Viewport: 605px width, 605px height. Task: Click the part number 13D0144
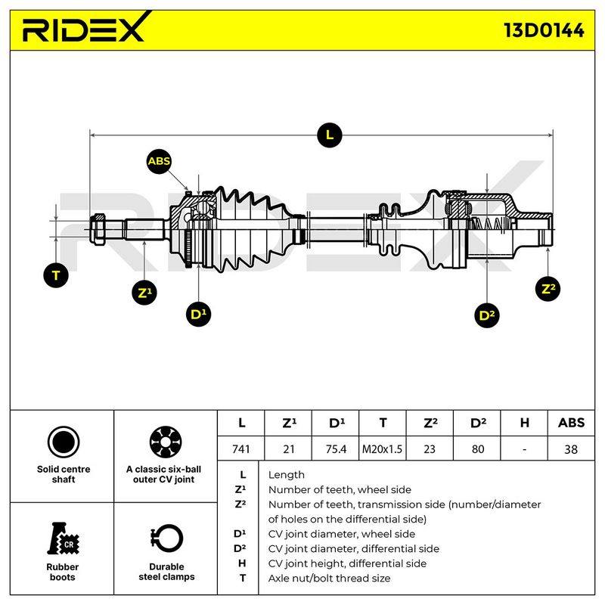coord(544,30)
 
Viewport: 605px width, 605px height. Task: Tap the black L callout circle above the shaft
coord(330,135)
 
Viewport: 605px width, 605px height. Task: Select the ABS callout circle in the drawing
coord(159,161)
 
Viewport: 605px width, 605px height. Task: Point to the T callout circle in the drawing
coord(56,275)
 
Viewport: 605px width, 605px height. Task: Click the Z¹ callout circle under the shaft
coord(144,292)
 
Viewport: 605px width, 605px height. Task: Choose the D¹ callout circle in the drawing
coord(198,314)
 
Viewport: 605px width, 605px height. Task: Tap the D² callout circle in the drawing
coord(486,315)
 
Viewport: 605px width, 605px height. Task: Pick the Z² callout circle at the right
coord(548,289)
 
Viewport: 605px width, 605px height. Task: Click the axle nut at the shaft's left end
coord(98,228)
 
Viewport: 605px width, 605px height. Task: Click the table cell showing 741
coord(241,448)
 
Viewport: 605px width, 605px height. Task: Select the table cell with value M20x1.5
coord(382,448)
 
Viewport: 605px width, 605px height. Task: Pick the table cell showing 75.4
coord(335,448)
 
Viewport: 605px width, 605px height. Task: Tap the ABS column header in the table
coord(571,423)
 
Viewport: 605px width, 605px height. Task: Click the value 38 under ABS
coord(571,448)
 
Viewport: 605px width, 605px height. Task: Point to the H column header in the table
coord(524,423)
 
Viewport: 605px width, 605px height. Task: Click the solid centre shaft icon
coord(64,442)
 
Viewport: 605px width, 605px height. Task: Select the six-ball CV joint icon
coord(165,442)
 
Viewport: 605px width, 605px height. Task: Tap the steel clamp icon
coord(166,538)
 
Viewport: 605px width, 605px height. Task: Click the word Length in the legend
coord(287,475)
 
